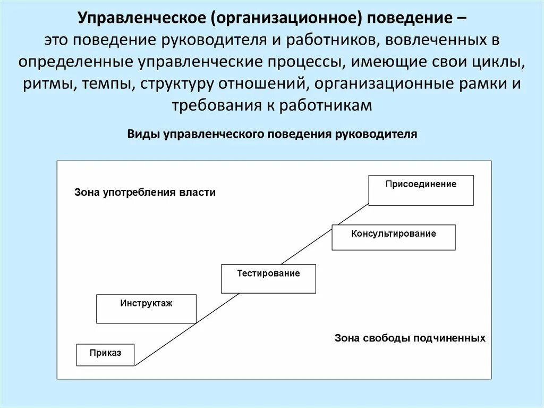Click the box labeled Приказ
tap(105, 354)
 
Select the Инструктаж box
tap(146, 309)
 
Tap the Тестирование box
tap(268, 278)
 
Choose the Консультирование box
tap(393, 237)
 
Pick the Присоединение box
tap(421, 190)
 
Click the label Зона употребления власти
tap(145, 193)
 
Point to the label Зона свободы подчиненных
tap(410, 338)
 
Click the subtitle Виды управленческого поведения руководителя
tap(272, 134)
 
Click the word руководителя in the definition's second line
tap(216, 41)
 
